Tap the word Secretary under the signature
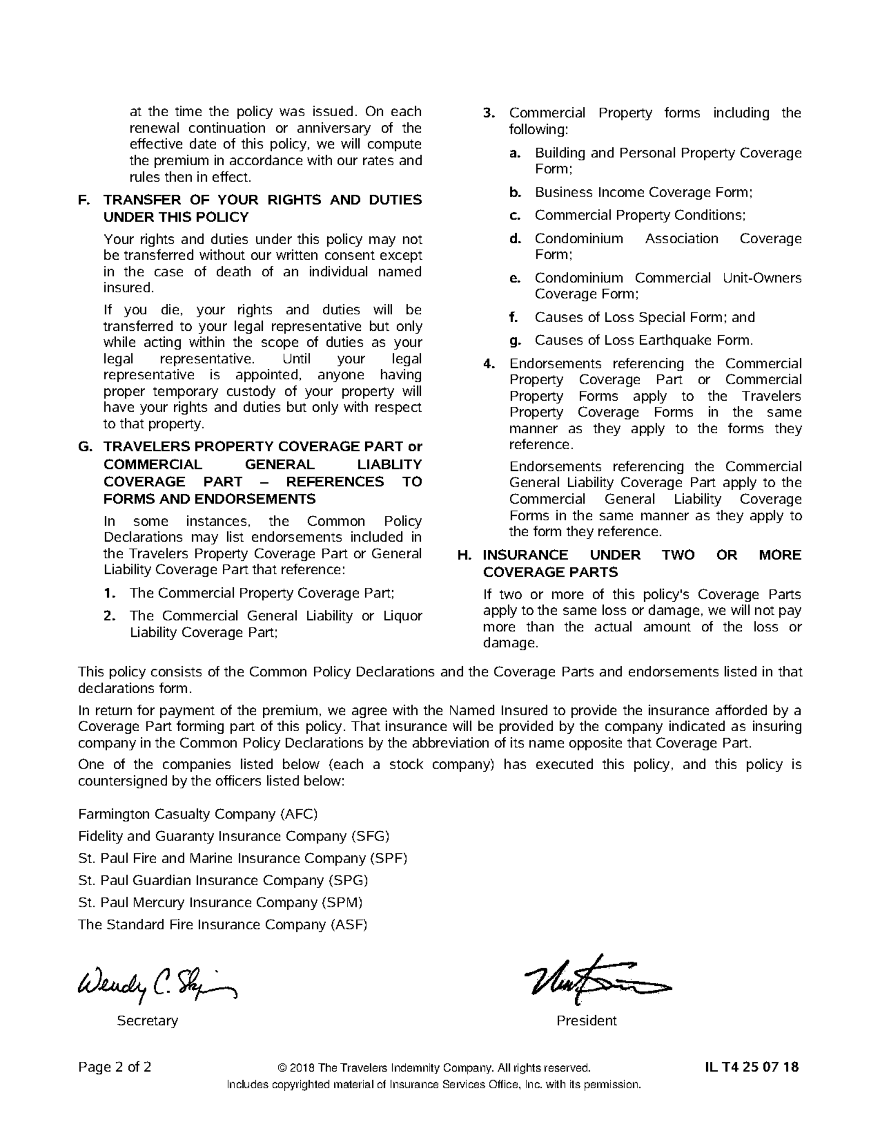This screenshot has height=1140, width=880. pyautogui.click(x=147, y=1021)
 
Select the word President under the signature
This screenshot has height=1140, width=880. pyautogui.click(x=586, y=1021)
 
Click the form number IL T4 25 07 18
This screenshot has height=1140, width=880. pyautogui.click(x=752, y=1067)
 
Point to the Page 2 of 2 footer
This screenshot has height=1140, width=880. pyautogui.click(x=114, y=1067)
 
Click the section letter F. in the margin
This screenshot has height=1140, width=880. pyautogui.click(x=84, y=200)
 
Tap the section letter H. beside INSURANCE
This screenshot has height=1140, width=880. pyautogui.click(x=465, y=555)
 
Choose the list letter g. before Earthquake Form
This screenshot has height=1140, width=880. pyautogui.click(x=515, y=341)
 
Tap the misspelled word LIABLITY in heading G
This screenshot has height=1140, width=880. pyautogui.click(x=389, y=464)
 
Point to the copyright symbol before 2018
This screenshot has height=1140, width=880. pyautogui.click(x=282, y=1068)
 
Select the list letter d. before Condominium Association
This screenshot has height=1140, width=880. pyautogui.click(x=515, y=239)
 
